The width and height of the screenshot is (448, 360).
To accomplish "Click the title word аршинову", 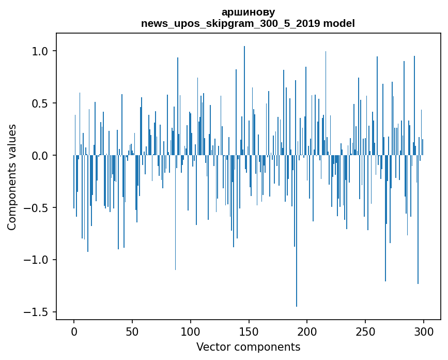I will tap(248, 12).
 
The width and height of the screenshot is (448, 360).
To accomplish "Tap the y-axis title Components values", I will tap(12, 177).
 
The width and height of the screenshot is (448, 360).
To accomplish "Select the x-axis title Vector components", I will tap(248, 347).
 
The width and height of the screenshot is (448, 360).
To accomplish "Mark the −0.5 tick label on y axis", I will tap(38, 208).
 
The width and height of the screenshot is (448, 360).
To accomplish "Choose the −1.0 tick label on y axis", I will tap(38, 260).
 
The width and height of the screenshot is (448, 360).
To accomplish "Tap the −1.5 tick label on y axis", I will tap(38, 312).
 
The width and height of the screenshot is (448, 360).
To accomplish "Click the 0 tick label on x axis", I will tap(74, 331).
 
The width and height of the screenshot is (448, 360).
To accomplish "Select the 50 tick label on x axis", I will tap(132, 331).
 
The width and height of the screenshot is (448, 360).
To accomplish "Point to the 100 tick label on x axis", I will tap(191, 331).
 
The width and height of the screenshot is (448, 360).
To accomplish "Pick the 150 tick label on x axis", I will tap(249, 331).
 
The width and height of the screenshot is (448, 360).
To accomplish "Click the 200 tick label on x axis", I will tap(307, 331).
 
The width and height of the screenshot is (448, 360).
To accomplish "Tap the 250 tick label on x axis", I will tap(365, 331).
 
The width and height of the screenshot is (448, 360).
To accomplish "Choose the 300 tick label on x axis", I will tap(424, 331).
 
